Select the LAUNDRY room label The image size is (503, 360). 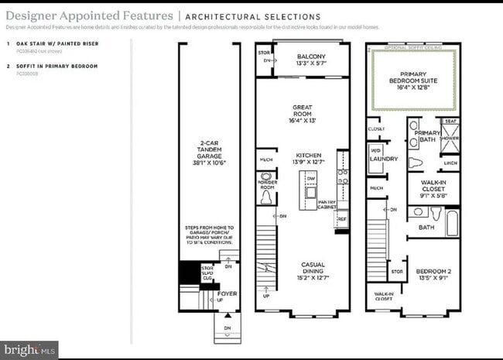384,159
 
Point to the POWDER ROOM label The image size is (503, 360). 267,184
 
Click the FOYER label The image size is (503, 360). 227,294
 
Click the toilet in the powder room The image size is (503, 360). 267,198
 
